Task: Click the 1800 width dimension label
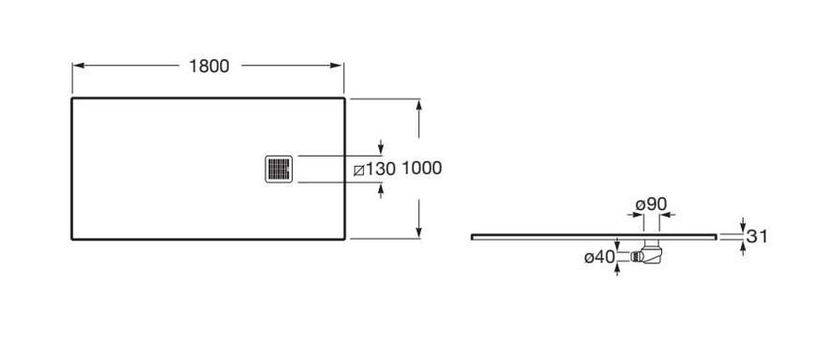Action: (x=208, y=66)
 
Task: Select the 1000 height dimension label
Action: (x=422, y=169)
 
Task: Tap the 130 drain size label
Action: (x=381, y=169)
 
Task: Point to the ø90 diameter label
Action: (x=651, y=204)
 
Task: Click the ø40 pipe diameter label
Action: (x=599, y=257)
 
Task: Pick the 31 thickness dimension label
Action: (x=757, y=236)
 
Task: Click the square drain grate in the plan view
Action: (x=279, y=169)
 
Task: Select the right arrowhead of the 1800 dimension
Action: (x=337, y=66)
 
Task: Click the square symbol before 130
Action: (x=358, y=170)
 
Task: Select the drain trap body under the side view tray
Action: (x=652, y=251)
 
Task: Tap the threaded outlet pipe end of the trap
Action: (x=636, y=257)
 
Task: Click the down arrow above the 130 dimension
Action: (x=381, y=147)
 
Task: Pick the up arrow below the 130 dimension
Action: (x=381, y=191)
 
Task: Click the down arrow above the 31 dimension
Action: (x=743, y=226)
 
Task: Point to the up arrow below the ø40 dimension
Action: (x=617, y=269)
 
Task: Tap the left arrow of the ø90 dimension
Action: (x=635, y=215)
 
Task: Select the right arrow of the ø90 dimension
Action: (x=668, y=215)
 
